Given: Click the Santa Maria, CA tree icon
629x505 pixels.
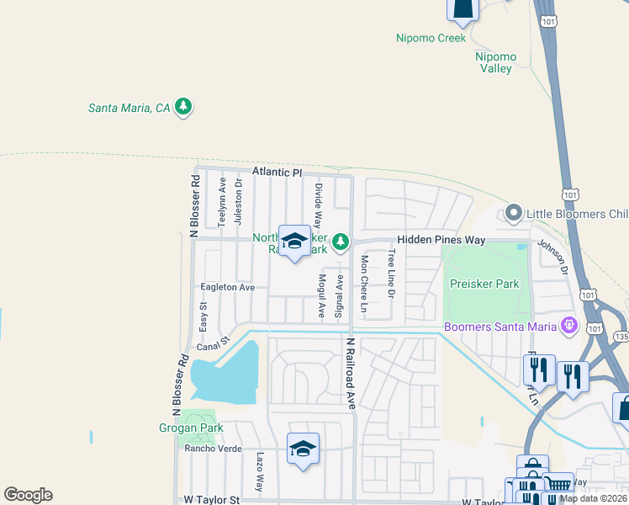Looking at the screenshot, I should (x=184, y=107).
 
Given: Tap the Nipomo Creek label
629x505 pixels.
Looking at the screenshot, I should (x=431, y=38).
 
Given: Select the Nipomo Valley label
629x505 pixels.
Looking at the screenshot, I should (x=496, y=62).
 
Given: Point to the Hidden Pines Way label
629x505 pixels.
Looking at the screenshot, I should (x=441, y=240).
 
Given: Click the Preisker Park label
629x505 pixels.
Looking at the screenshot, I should (x=484, y=284).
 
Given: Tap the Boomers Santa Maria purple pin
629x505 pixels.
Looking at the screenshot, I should (x=569, y=323).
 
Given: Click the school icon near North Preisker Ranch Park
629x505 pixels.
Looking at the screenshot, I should (x=294, y=242).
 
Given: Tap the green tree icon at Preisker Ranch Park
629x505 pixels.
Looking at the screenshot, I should (x=340, y=242).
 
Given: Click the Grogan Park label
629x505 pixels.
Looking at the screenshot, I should (x=192, y=428).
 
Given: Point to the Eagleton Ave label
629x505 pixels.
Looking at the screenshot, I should (x=227, y=287).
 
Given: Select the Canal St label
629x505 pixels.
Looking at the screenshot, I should (x=213, y=343).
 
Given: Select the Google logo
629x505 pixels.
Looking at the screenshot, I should (x=28, y=495).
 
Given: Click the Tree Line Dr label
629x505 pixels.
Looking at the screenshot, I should (x=391, y=277).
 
